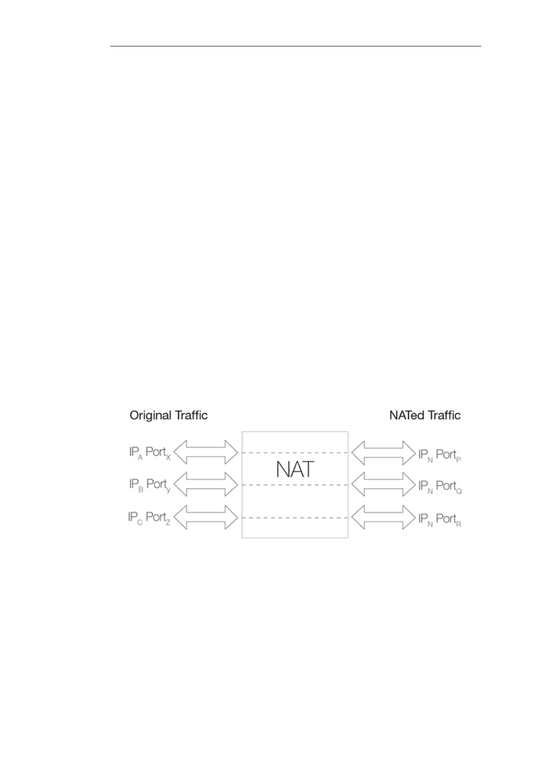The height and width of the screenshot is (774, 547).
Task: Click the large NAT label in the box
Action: pos(295,469)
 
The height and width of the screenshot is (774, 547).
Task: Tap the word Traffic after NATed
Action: pos(444,415)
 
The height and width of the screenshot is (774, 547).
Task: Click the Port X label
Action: pos(158,453)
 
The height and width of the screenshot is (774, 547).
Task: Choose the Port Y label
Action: pos(158,485)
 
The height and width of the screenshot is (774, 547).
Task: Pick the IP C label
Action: pos(135,518)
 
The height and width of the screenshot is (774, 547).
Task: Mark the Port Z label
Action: pos(158,518)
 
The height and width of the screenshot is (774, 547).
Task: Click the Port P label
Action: pos(448,455)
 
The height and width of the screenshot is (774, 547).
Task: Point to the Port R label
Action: pos(448,519)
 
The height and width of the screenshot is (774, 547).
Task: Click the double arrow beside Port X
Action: pos(206,453)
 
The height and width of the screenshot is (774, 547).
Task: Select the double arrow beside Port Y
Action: pos(206,484)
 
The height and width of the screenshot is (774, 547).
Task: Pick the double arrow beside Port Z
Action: pos(206,518)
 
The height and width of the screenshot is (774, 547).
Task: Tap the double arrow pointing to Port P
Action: pos(383,453)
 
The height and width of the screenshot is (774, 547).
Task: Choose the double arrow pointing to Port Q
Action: pos(383,484)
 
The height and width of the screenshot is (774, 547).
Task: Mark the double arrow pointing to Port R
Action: pos(383,518)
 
